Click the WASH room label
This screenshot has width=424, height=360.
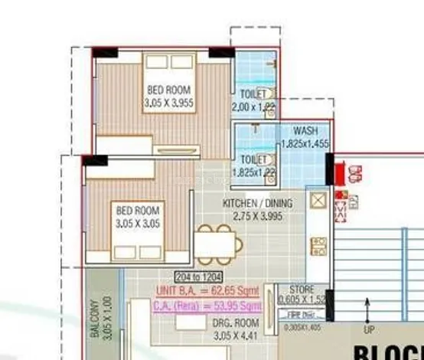tap(305, 131)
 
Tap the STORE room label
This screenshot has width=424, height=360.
tap(302, 289)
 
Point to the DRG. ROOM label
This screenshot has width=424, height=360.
tap(235, 324)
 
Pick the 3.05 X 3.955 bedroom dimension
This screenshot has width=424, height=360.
tap(168, 102)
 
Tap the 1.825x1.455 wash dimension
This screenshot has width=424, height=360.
tap(305, 143)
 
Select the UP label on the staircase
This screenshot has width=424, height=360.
tap(368, 331)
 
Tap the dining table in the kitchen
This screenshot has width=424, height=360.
tap(217, 245)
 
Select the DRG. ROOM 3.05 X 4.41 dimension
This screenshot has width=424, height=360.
tap(235, 335)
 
